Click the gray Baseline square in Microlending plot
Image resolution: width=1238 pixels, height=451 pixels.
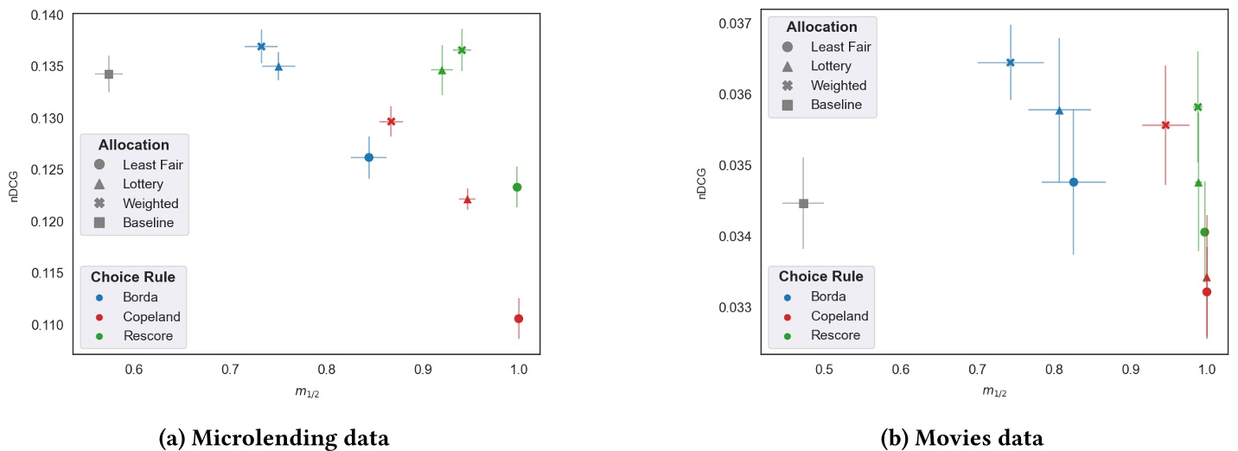(x=109, y=74)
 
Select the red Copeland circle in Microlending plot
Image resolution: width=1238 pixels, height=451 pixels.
(x=519, y=319)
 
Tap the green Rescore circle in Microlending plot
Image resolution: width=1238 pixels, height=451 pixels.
(x=517, y=187)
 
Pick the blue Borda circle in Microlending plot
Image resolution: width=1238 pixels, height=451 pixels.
(x=368, y=157)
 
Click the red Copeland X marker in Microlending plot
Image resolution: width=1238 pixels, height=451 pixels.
(x=391, y=122)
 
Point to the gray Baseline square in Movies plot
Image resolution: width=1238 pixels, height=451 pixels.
(x=803, y=203)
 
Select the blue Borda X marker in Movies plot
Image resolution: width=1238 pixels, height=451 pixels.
(x=1010, y=62)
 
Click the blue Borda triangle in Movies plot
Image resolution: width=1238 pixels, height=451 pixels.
(x=1059, y=110)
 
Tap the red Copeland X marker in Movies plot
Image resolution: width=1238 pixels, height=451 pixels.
(x=1165, y=125)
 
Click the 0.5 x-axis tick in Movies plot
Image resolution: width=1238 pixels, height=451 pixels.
(x=824, y=370)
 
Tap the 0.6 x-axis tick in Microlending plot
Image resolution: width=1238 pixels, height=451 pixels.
(x=134, y=370)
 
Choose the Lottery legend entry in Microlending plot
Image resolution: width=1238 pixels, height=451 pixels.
(x=143, y=184)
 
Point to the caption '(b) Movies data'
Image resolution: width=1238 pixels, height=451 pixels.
(x=961, y=438)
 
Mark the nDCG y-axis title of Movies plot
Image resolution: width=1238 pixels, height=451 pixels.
(x=704, y=182)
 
